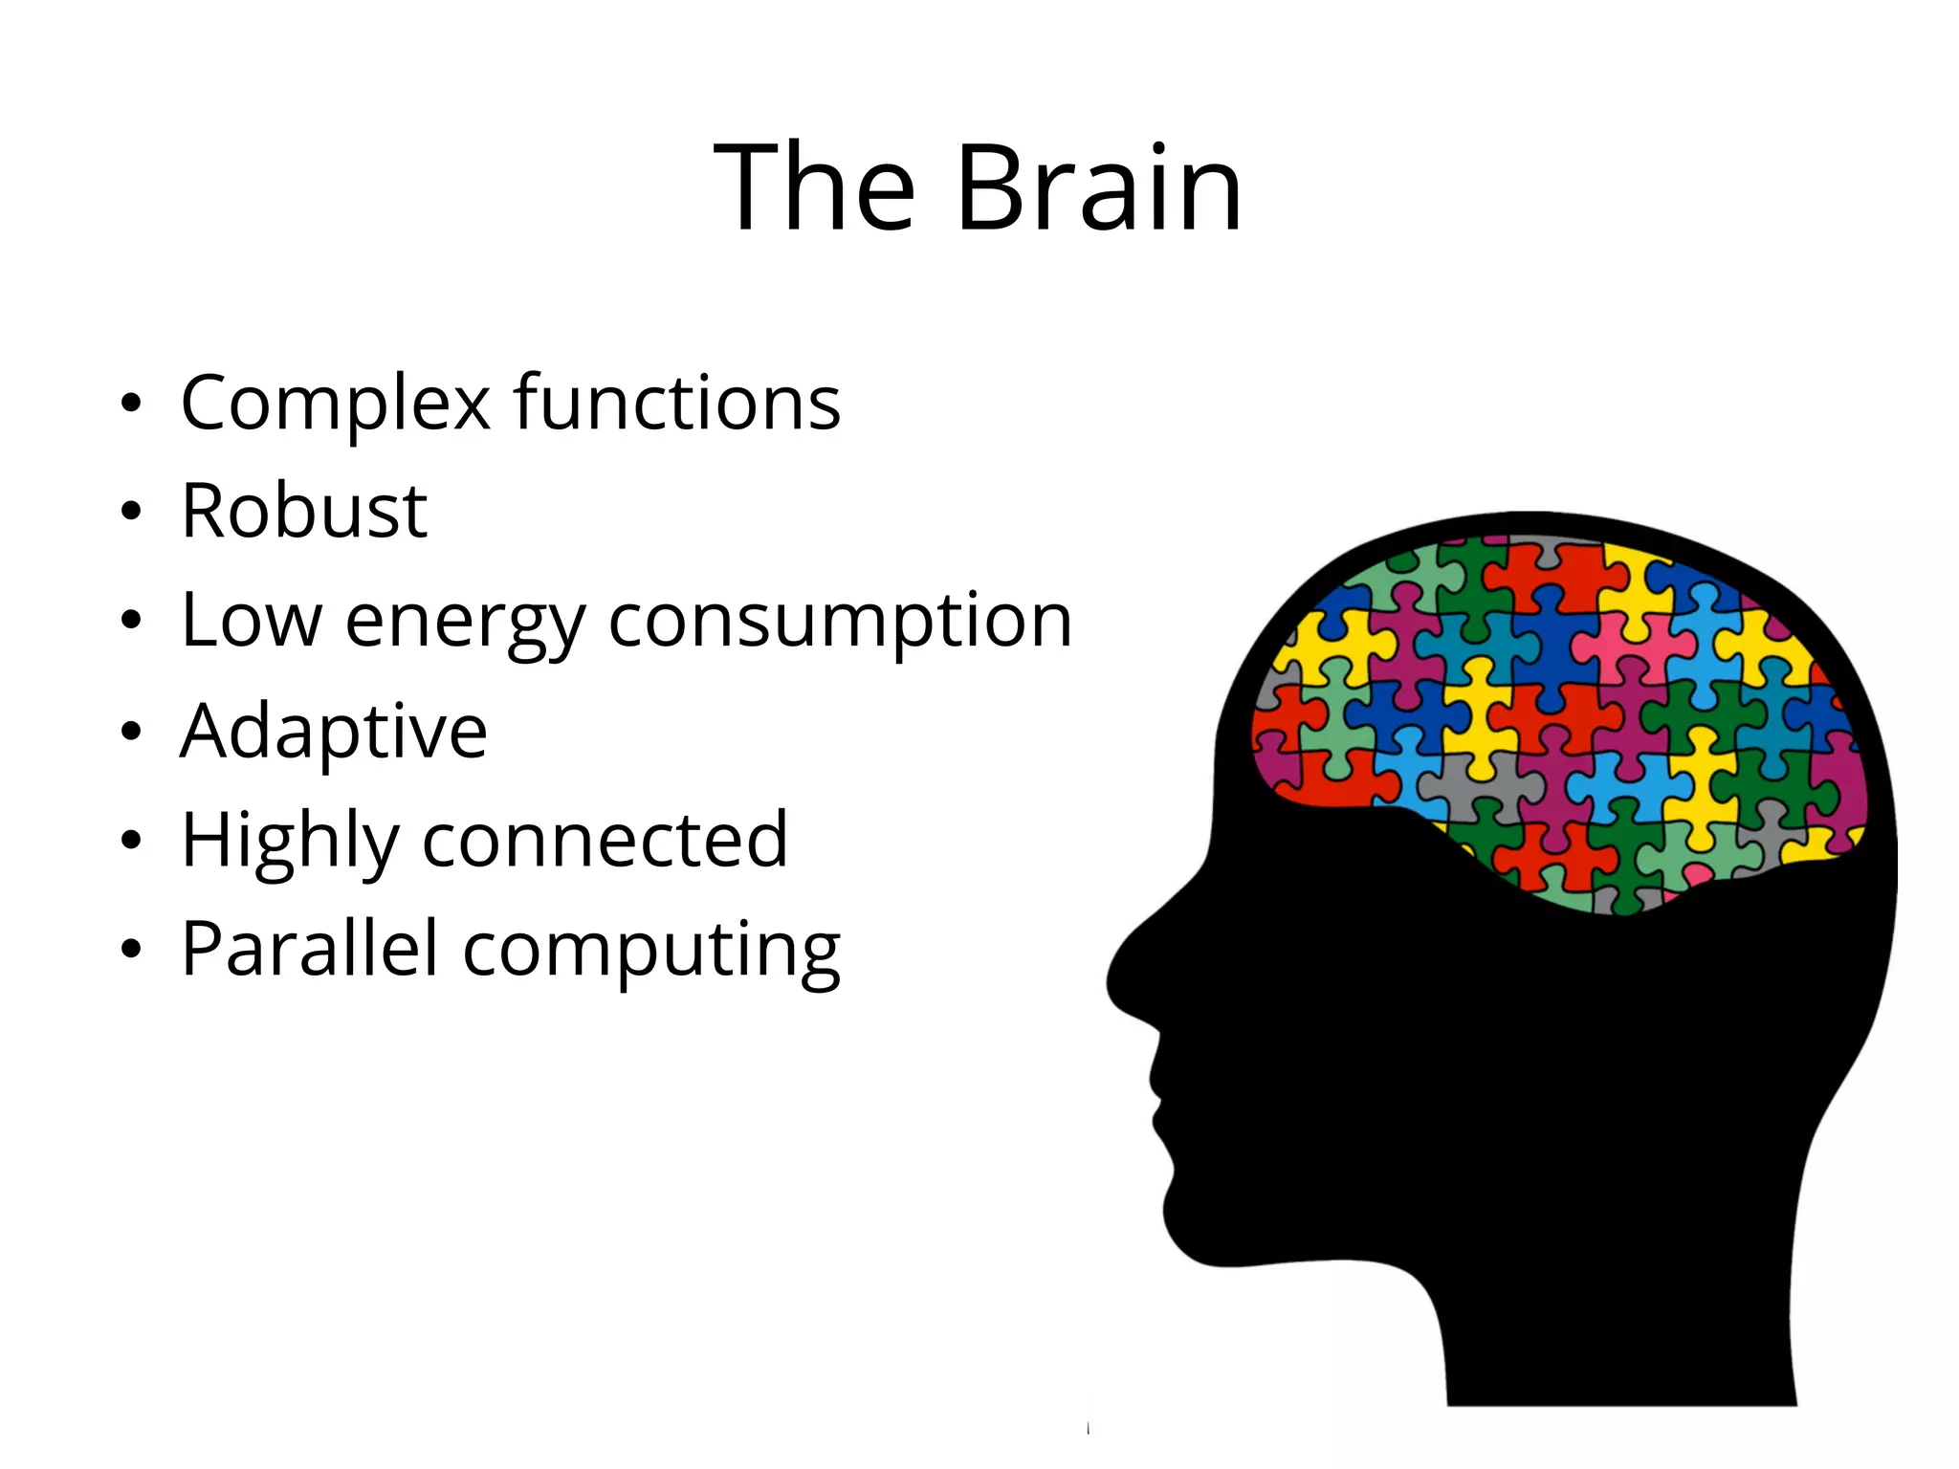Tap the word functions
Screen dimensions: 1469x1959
[676, 402]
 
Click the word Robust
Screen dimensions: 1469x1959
[304, 511]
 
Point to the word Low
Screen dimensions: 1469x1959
[252, 620]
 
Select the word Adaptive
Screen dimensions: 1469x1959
[334, 732]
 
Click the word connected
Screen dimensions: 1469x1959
[605, 840]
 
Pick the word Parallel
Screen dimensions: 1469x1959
[309, 949]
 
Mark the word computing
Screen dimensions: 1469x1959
[651, 953]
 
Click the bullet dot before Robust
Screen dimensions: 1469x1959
[131, 512]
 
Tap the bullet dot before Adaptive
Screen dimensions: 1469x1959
[131, 732]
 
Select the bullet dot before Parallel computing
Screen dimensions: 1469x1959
[131, 950]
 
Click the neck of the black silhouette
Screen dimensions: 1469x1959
[1617, 1339]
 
